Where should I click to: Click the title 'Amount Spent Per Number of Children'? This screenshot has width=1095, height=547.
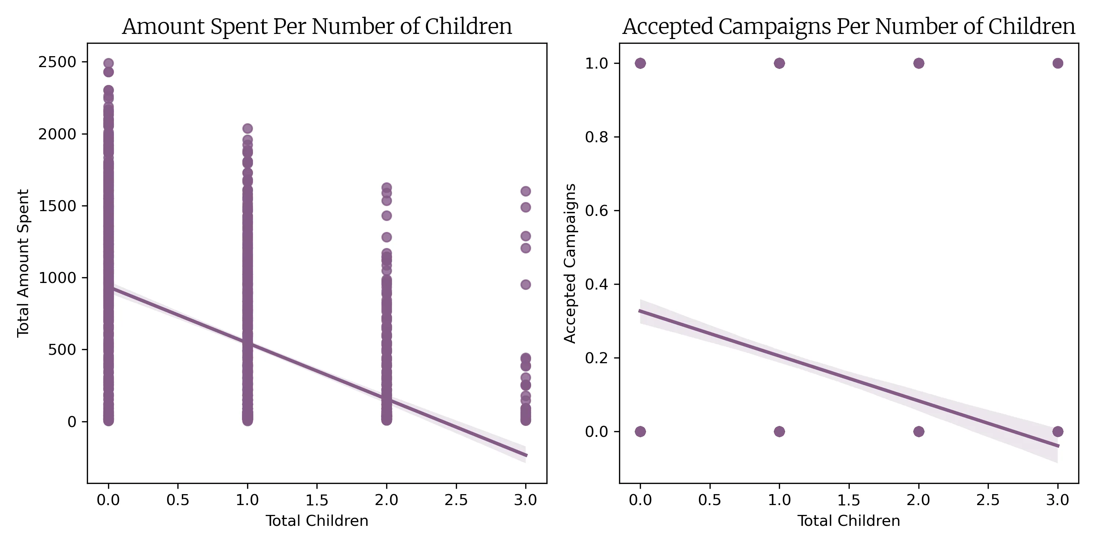pyautogui.click(x=317, y=26)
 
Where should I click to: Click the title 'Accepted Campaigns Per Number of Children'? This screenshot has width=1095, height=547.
pyautogui.click(x=849, y=26)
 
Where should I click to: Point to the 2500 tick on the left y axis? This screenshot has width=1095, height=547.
pyautogui.click(x=57, y=62)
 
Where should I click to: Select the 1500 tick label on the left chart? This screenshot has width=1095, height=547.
pyautogui.click(x=57, y=206)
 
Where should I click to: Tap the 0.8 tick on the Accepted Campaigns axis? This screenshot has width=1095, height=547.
pyautogui.click(x=596, y=137)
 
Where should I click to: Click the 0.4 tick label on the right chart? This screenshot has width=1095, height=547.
pyautogui.click(x=596, y=284)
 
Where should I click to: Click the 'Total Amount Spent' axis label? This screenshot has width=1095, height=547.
pyautogui.click(x=23, y=263)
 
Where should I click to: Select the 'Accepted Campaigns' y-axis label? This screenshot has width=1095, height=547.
pyautogui.click(x=570, y=263)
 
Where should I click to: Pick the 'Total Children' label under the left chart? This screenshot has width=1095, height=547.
pyautogui.click(x=317, y=521)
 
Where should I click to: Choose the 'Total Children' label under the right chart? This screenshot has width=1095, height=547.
pyautogui.click(x=849, y=521)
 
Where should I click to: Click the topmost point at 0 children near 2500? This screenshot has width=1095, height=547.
pyautogui.click(x=108, y=63)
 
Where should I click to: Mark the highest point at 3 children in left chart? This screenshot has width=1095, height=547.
pyautogui.click(x=525, y=191)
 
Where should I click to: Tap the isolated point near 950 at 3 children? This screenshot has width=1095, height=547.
pyautogui.click(x=525, y=284)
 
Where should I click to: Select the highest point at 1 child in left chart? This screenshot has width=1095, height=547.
pyautogui.click(x=247, y=128)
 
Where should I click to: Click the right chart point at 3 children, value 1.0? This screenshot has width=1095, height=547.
pyautogui.click(x=1058, y=63)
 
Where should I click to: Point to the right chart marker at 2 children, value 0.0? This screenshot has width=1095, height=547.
pyautogui.click(x=919, y=431)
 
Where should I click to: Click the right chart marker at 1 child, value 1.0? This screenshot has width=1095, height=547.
pyautogui.click(x=779, y=63)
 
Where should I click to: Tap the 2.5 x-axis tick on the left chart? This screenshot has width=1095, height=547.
pyautogui.click(x=456, y=500)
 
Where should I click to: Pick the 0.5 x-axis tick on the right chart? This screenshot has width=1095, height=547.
pyautogui.click(x=710, y=500)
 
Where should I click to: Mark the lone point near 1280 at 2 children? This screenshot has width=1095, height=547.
pyautogui.click(x=387, y=237)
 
